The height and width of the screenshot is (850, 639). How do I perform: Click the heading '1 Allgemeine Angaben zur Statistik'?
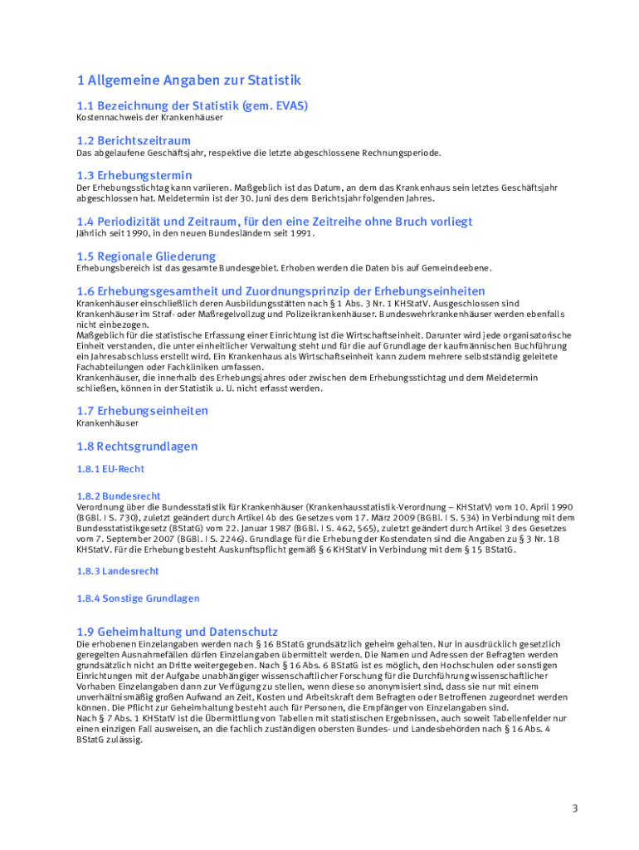(x=188, y=81)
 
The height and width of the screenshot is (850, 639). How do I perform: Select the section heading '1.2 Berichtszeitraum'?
(x=134, y=140)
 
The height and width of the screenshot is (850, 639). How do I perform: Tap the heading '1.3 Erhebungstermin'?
(x=134, y=175)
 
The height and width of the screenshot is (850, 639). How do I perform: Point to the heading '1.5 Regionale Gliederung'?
(x=146, y=256)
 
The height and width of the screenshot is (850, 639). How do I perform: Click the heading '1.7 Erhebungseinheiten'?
(x=143, y=411)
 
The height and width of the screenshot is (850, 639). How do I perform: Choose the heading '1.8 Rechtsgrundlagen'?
(x=137, y=447)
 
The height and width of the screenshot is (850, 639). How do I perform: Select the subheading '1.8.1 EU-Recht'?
(x=110, y=469)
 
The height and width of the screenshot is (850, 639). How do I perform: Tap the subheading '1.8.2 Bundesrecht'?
(x=119, y=496)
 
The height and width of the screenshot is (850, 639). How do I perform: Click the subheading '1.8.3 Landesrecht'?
(x=118, y=571)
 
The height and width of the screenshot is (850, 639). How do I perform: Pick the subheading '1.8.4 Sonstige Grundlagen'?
(x=138, y=598)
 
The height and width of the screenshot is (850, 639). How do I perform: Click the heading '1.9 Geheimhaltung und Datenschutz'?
(x=177, y=632)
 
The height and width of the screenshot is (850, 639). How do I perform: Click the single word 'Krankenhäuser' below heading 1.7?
(x=108, y=423)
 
